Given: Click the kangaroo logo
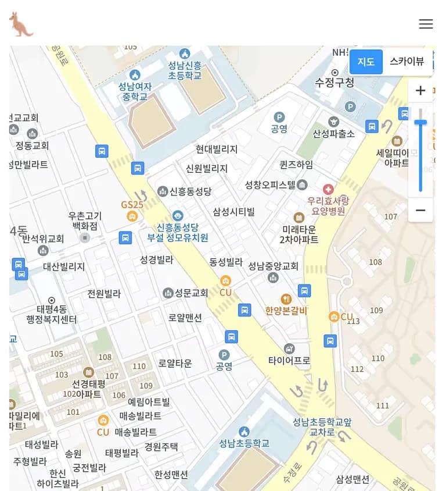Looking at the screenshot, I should (21, 24).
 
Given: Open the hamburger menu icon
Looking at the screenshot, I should (426, 24).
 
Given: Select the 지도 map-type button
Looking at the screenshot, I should (366, 62).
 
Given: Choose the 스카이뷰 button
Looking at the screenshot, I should (407, 62).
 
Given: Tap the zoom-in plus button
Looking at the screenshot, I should (420, 91).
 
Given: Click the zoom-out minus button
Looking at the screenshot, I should (420, 210).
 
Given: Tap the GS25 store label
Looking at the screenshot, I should (132, 205).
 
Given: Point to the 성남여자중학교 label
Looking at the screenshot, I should (135, 91).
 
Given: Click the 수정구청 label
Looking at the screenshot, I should (334, 83).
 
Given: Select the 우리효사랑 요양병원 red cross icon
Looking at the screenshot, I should (328, 189).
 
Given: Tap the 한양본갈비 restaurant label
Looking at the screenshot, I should (286, 311).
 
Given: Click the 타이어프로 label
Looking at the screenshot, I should (289, 361).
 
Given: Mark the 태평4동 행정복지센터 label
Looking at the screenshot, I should (51, 314).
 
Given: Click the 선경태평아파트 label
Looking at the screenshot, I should (88, 389).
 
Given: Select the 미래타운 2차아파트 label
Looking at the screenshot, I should (299, 234).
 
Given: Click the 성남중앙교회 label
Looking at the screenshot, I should (273, 266).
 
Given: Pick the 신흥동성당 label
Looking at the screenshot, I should (190, 191).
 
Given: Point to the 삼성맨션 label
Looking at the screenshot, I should (353, 479).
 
